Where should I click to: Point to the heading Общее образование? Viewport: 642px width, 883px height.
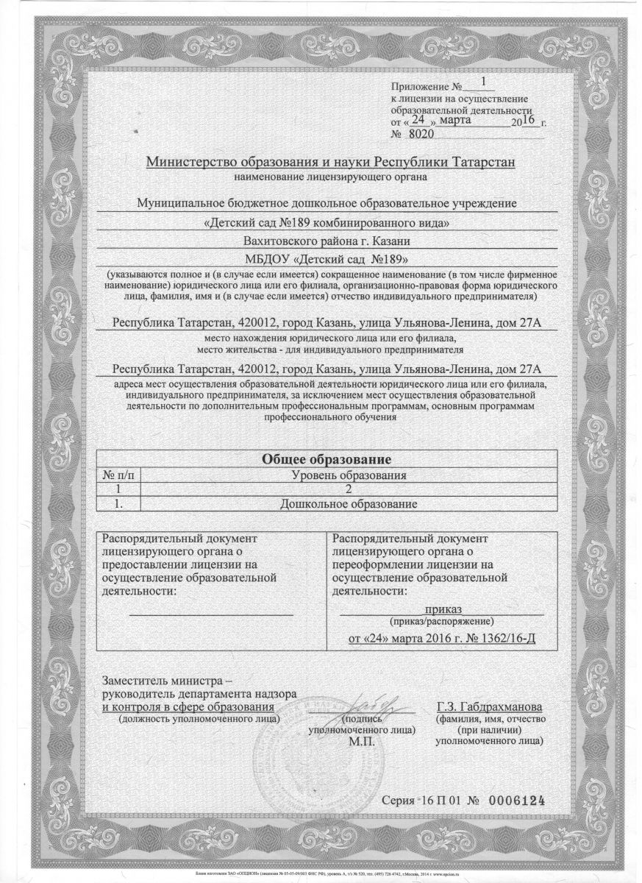click(x=326, y=460)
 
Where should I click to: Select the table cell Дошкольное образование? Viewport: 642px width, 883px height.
click(x=349, y=505)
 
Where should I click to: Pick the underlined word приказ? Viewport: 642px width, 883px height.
click(x=443, y=609)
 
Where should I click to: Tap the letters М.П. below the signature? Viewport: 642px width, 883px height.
click(x=362, y=741)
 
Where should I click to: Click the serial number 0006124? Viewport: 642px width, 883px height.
click(x=516, y=801)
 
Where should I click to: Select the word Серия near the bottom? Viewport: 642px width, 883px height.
click(x=401, y=801)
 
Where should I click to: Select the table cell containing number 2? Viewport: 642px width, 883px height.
click(x=349, y=490)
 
